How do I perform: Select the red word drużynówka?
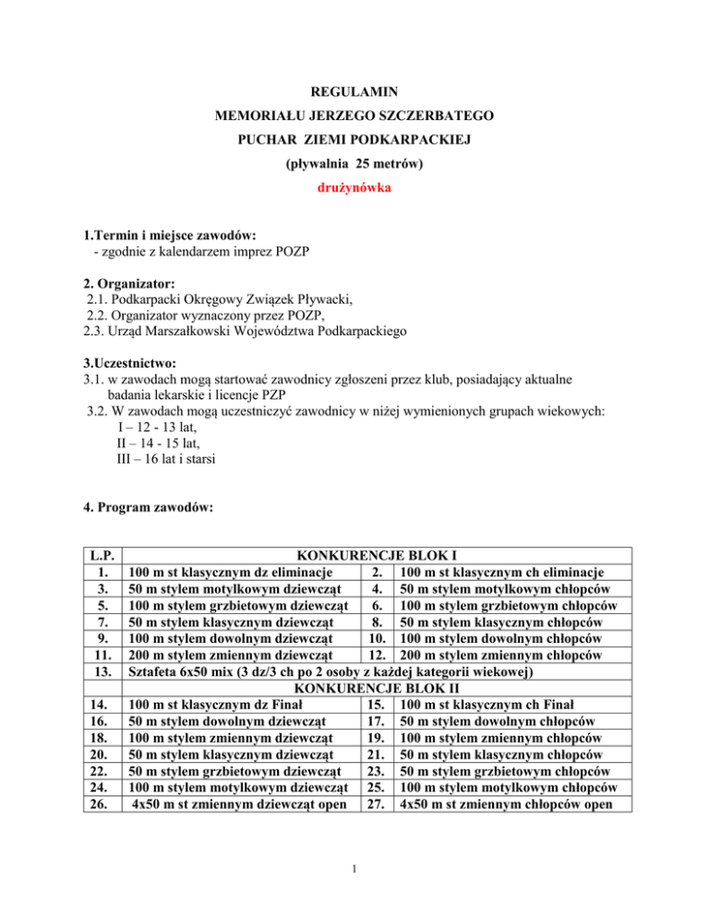tap(354, 197)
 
